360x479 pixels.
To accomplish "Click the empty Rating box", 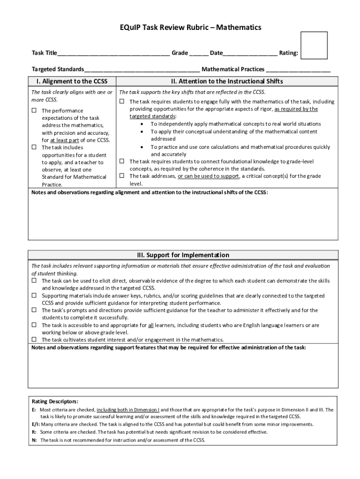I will point(314,45).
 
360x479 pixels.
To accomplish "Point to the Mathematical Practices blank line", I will point(298,70).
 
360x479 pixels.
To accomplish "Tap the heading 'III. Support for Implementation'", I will point(183,255).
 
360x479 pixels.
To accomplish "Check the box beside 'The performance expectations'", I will point(34,110).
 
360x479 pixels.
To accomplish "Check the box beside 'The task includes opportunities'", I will point(34,147).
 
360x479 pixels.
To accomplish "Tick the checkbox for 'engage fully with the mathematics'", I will point(122,102).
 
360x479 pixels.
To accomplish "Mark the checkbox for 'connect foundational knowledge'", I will point(122,161).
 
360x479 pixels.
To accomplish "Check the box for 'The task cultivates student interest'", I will point(34,339).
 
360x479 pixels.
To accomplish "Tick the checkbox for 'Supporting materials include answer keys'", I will point(34,296).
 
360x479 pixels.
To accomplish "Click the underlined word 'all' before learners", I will point(151,325).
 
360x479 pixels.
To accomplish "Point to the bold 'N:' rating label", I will point(34,440).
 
